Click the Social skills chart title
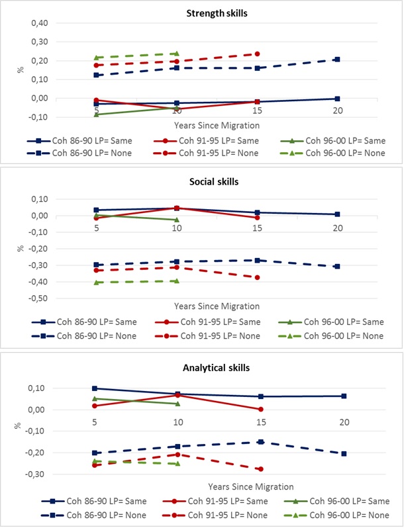(202, 181)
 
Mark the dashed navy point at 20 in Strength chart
(338, 60)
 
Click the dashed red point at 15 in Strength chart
(257, 54)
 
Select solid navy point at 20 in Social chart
(338, 214)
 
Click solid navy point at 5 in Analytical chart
(95, 388)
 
